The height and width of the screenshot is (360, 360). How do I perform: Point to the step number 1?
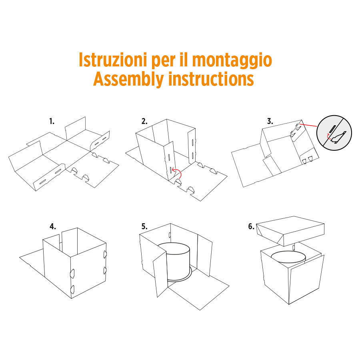click(x=52, y=121)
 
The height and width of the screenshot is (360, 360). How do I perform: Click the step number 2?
click(x=144, y=121)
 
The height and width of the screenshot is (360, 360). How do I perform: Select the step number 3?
click(x=270, y=121)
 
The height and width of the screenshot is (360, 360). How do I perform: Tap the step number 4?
click(x=52, y=226)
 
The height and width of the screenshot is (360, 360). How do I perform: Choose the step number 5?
click(x=144, y=226)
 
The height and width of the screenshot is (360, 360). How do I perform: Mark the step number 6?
click(x=251, y=226)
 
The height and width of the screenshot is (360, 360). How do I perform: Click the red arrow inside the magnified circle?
click(x=329, y=136)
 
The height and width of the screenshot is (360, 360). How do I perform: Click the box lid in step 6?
click(x=290, y=230)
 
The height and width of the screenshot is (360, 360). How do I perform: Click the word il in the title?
click(x=184, y=60)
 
